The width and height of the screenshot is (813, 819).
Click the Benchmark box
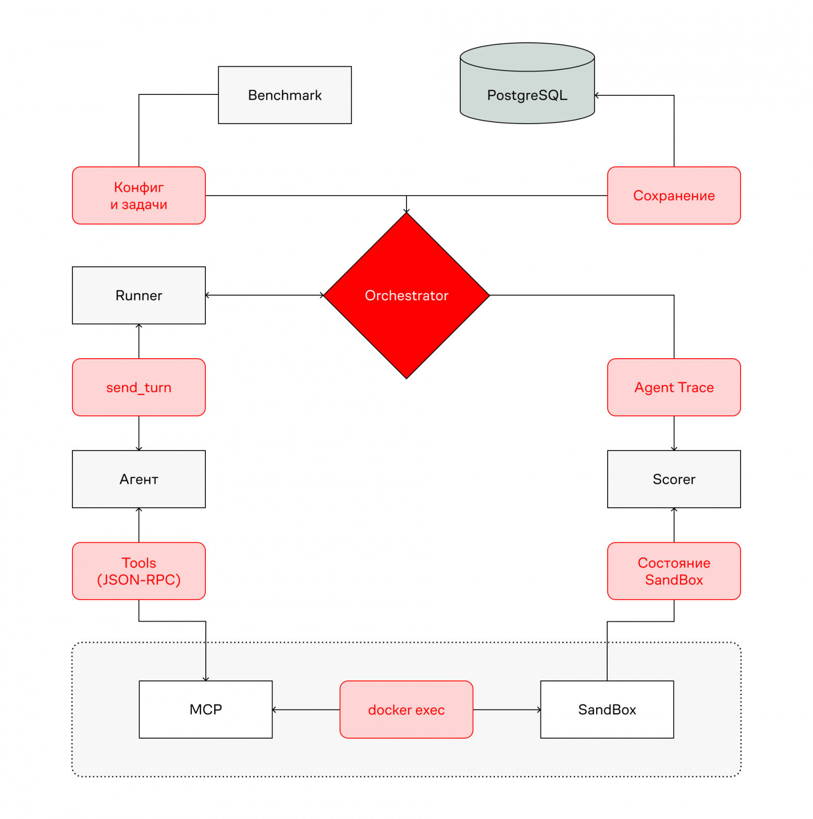pyautogui.click(x=285, y=95)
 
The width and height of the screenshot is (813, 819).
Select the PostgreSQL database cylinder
pyautogui.click(x=527, y=83)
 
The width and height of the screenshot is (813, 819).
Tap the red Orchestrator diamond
pyautogui.click(x=406, y=295)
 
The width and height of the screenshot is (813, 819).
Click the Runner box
pyautogui.click(x=139, y=295)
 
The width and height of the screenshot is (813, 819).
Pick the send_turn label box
pyautogui.click(x=139, y=387)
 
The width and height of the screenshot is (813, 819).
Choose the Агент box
pyautogui.click(x=139, y=479)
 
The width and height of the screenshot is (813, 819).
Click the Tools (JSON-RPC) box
pyautogui.click(x=139, y=571)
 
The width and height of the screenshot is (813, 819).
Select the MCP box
pyautogui.click(x=205, y=710)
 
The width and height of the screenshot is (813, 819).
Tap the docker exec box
pyautogui.click(x=406, y=710)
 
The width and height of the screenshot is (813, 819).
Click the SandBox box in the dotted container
pyautogui.click(x=607, y=710)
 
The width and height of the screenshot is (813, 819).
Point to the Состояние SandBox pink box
pyautogui.click(x=674, y=571)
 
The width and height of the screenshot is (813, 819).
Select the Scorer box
pyautogui.click(x=674, y=479)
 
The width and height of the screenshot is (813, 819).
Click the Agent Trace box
pyautogui.click(x=674, y=387)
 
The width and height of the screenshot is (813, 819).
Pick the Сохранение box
pyautogui.click(x=674, y=195)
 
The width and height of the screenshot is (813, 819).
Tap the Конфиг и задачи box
pyautogui.click(x=139, y=195)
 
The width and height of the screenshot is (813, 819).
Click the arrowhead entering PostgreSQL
pyautogui.click(x=597, y=95)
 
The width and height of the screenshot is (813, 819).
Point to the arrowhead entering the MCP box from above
pyautogui.click(x=206, y=679)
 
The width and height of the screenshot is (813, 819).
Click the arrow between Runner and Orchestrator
pyautogui.click(x=265, y=295)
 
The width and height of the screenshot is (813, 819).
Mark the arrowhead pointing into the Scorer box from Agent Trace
pyautogui.click(x=674, y=448)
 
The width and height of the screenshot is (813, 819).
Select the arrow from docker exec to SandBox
pyautogui.click(x=507, y=710)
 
